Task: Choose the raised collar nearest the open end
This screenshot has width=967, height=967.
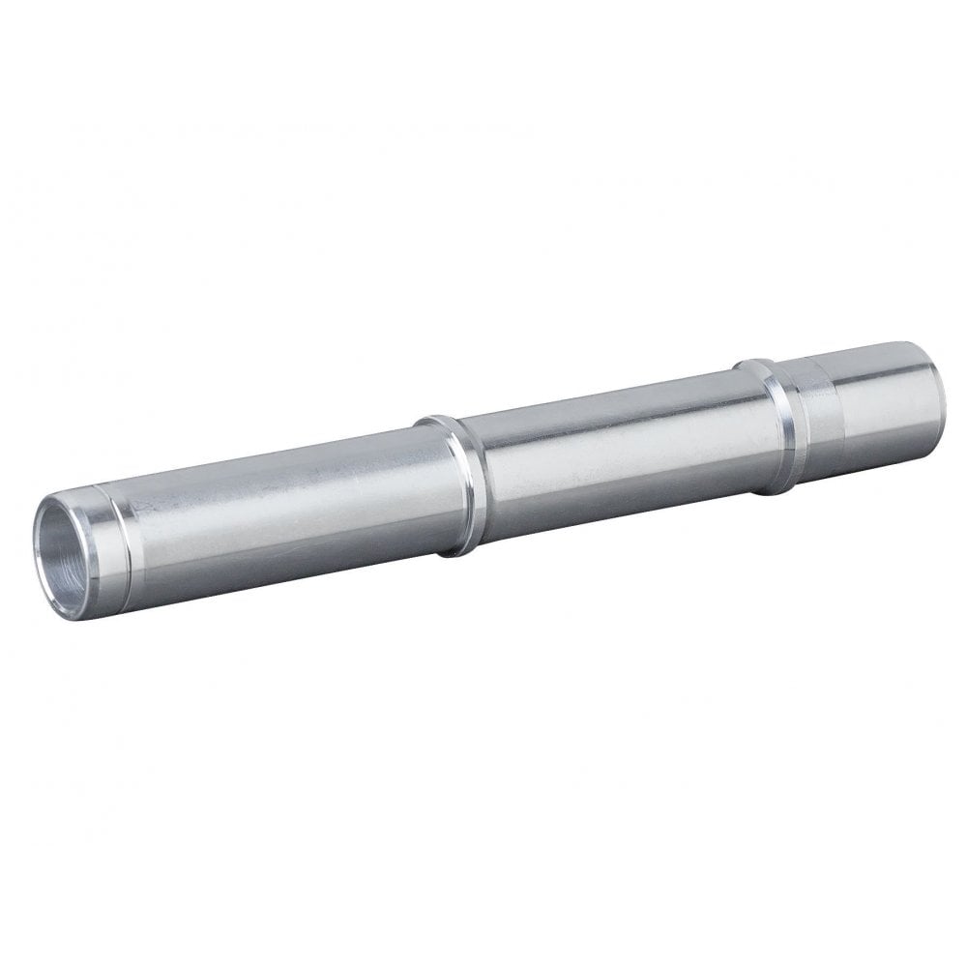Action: [x=450, y=487]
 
